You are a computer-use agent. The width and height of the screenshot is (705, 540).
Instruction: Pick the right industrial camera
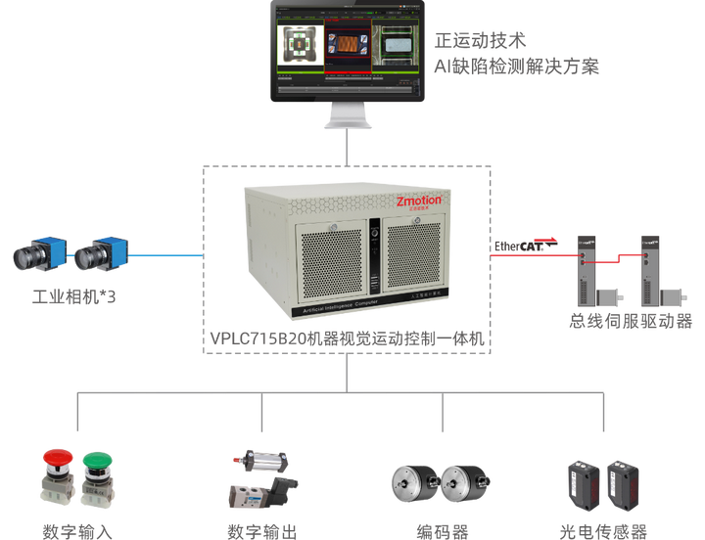101,254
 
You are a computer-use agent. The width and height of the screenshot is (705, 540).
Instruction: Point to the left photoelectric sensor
582,483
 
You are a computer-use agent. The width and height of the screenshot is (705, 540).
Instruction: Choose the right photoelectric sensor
623,483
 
